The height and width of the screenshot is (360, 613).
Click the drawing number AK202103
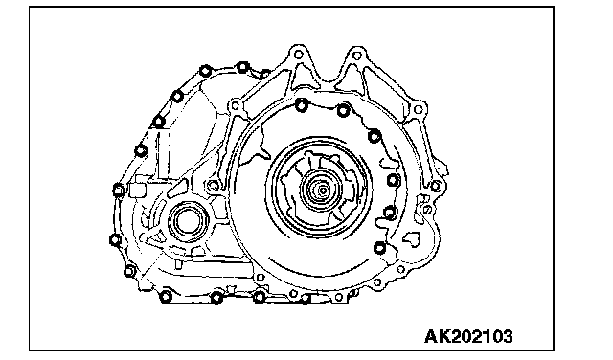(468, 336)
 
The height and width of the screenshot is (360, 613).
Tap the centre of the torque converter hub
(323, 191)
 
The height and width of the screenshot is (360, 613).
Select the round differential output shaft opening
(189, 222)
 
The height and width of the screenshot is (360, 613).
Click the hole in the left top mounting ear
(298, 55)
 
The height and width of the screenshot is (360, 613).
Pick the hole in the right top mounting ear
(356, 56)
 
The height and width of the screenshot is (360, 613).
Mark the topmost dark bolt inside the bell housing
(302, 104)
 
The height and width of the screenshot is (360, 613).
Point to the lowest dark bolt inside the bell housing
(379, 247)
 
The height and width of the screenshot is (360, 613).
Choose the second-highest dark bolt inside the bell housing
(343, 111)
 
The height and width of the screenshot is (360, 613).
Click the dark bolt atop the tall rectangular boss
(158, 122)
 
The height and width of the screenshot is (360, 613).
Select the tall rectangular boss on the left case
(159, 154)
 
